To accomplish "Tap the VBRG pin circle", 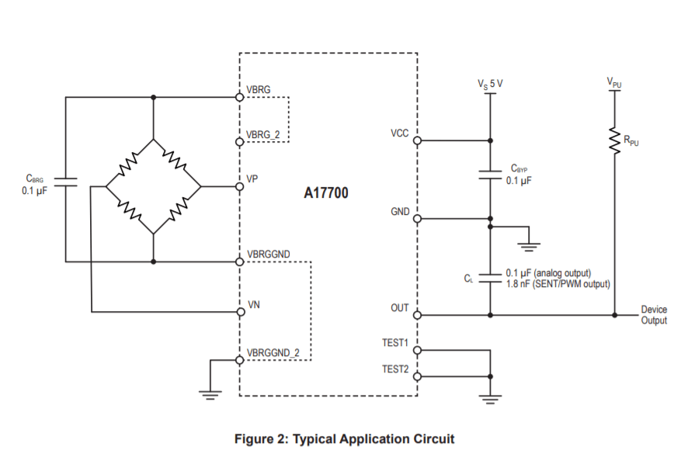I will point(240,98).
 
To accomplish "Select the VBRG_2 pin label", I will point(263,134).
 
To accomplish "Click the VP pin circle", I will point(240,186).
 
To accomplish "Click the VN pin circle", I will point(240,312).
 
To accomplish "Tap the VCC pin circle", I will point(417,140).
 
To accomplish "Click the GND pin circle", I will point(417,219).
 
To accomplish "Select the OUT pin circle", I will point(417,315).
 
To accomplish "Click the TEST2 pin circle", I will point(417,376).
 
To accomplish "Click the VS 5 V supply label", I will point(490,81).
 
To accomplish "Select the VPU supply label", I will point(615,81).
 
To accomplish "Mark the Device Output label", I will point(653,315).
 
